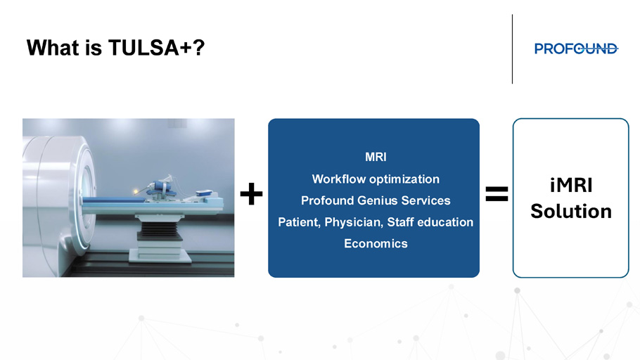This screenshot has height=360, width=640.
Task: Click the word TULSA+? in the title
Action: tap(156, 48)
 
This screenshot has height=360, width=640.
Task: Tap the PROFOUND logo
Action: tap(576, 49)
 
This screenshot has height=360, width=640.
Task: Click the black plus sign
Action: tap(252, 193)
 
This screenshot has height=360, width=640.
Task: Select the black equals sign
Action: tap(497, 194)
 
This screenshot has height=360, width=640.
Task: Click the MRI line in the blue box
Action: tap(376, 157)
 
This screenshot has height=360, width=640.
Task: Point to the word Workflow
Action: tap(338, 179)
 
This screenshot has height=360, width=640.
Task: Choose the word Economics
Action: tap(376, 244)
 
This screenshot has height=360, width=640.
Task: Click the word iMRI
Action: tap(571, 186)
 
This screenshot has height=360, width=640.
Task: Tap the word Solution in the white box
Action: tap(571, 212)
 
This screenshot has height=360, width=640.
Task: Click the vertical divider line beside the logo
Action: tap(512, 49)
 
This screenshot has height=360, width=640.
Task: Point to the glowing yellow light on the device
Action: tap(136, 191)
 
